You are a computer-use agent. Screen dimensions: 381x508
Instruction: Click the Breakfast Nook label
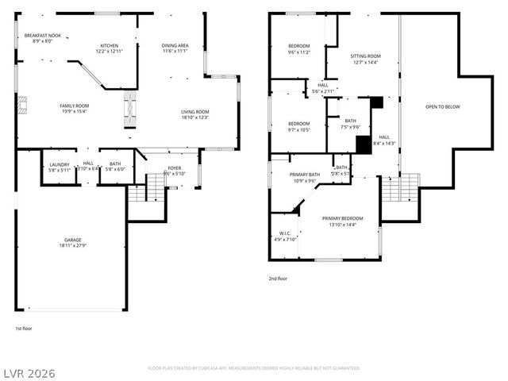click(x=42, y=36)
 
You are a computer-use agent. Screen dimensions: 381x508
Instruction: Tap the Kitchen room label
click(x=109, y=45)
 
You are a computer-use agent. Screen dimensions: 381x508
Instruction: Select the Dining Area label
click(x=175, y=45)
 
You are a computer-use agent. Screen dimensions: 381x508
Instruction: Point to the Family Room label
click(x=75, y=106)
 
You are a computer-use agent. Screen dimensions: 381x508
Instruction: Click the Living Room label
click(x=194, y=112)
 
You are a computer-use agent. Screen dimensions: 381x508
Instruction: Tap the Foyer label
click(x=174, y=168)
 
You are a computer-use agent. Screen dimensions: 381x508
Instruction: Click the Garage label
click(x=73, y=240)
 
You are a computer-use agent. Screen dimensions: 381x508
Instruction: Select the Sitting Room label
click(x=365, y=56)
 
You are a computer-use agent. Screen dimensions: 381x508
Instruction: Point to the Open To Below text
click(x=442, y=106)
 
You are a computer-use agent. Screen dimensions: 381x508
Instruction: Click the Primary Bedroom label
click(x=342, y=218)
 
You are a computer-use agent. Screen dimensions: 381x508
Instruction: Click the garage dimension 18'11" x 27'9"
click(x=73, y=245)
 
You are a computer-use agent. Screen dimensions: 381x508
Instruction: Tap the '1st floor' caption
click(x=24, y=328)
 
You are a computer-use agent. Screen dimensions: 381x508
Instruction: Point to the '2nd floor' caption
click(x=278, y=279)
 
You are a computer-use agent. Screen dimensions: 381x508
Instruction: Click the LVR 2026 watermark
click(x=28, y=372)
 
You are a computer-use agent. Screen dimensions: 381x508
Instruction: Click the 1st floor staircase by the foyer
click(x=137, y=192)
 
